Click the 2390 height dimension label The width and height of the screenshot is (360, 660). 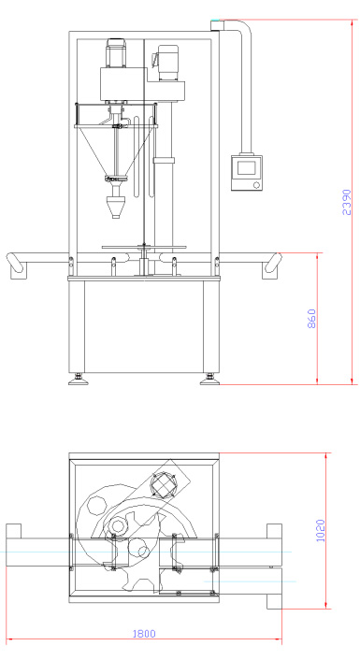346,202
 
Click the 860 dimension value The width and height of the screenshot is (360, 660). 311,319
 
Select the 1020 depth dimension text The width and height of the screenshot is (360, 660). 320,530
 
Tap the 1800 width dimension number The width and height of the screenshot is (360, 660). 144,634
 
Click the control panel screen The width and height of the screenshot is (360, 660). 246,168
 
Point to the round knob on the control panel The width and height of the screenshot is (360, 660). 256,185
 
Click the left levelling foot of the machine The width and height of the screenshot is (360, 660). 79,380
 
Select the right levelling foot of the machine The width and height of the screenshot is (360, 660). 209,380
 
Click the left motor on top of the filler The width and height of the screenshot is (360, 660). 116,52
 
